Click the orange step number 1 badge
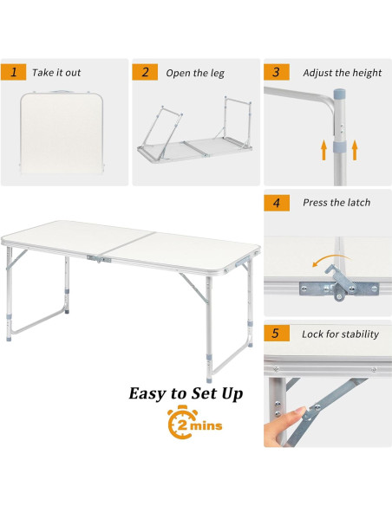[14, 72]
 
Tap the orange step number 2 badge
[145, 72]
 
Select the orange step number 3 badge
[277, 72]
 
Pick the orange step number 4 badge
[277, 203]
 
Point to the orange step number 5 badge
[277, 334]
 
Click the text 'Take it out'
[57, 73]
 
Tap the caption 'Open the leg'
[195, 73]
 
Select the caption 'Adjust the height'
[342, 73]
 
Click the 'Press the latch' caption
[336, 203]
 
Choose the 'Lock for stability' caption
[341, 334]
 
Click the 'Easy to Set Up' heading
[186, 394]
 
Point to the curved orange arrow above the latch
[328, 262]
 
